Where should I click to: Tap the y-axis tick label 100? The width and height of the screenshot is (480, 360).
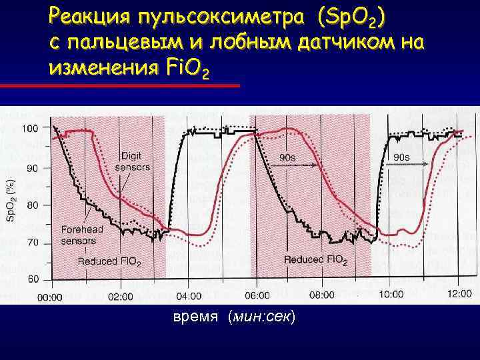[30, 127]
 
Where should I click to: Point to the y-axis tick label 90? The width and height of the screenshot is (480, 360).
[32, 169]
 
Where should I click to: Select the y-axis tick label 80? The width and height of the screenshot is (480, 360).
[32, 206]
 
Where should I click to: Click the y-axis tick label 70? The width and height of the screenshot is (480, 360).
[32, 244]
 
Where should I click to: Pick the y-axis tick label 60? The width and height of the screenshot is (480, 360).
[32, 280]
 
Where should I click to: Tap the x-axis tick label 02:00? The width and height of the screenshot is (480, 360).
[119, 296]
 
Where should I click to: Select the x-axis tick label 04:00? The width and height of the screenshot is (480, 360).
[188, 296]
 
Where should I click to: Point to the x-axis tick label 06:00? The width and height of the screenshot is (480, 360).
[257, 295]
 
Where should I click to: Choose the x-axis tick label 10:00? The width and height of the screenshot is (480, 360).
[390, 295]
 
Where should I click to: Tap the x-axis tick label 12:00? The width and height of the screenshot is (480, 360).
[459, 295]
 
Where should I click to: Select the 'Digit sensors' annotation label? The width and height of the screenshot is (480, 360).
[133, 161]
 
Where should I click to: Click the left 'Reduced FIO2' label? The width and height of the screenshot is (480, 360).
[109, 262]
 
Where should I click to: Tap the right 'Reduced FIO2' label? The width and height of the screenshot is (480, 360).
[315, 259]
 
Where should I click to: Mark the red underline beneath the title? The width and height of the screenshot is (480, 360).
[120, 86]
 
